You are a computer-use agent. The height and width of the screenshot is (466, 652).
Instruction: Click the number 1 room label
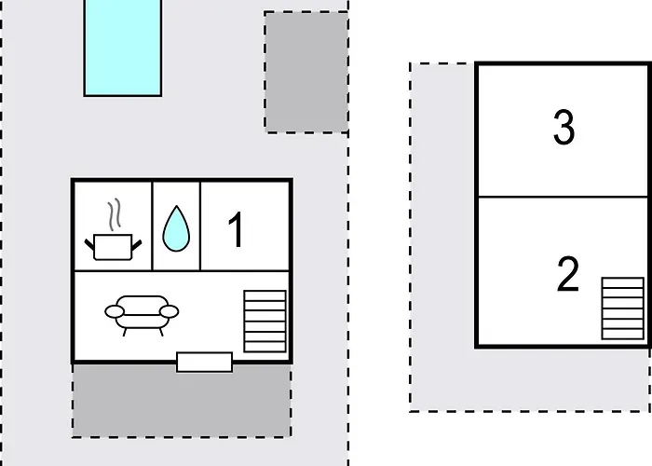click(237, 229)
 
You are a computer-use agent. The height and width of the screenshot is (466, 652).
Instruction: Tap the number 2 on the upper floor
click(567, 274)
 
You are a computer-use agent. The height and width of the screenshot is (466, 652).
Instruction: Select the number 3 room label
click(564, 128)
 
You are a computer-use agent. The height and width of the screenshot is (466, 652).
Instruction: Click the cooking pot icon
click(113, 247)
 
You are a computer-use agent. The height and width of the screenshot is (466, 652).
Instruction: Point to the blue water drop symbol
click(176, 229)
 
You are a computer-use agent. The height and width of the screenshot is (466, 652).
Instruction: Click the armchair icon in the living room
click(142, 315)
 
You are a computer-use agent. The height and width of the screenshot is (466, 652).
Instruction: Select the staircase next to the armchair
click(265, 322)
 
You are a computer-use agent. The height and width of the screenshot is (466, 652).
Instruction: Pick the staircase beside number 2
click(623, 308)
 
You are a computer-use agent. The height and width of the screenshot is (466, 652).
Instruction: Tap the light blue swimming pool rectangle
click(123, 48)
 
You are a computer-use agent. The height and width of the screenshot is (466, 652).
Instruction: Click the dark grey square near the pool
click(306, 73)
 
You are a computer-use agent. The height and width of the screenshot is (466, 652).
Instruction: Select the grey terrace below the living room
click(182, 401)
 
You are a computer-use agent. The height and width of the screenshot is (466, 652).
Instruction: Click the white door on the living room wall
click(205, 362)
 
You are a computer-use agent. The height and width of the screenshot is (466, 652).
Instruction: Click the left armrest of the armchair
click(115, 311)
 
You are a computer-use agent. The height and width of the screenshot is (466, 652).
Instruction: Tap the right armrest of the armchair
click(170, 311)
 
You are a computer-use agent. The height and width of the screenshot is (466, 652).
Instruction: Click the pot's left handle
click(89, 244)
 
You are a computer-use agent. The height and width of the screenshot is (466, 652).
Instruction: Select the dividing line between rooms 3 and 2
click(564, 197)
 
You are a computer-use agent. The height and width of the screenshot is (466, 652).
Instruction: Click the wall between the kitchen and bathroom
click(153, 226)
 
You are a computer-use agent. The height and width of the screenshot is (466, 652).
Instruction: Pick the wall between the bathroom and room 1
click(200, 226)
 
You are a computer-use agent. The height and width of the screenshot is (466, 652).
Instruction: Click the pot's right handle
click(137, 245)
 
